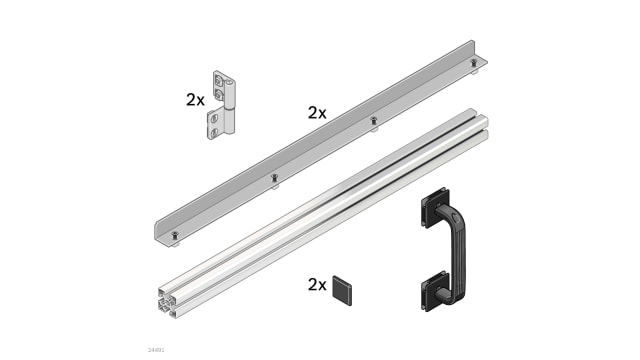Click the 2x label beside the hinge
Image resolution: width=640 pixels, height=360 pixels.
click(x=195, y=100)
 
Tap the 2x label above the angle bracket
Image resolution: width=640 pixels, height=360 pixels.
click(x=317, y=113)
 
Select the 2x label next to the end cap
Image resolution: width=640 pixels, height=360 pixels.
click(x=317, y=285)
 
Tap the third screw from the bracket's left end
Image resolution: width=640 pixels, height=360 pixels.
click(x=374, y=122)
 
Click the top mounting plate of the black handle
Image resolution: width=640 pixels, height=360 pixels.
click(x=435, y=209)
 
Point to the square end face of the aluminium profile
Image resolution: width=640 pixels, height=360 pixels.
click(x=168, y=299)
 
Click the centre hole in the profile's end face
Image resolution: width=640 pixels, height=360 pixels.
click(x=168, y=299)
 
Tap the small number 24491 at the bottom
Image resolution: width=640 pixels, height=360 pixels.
click(x=156, y=349)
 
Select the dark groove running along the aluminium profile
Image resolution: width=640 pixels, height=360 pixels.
click(x=330, y=200)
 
